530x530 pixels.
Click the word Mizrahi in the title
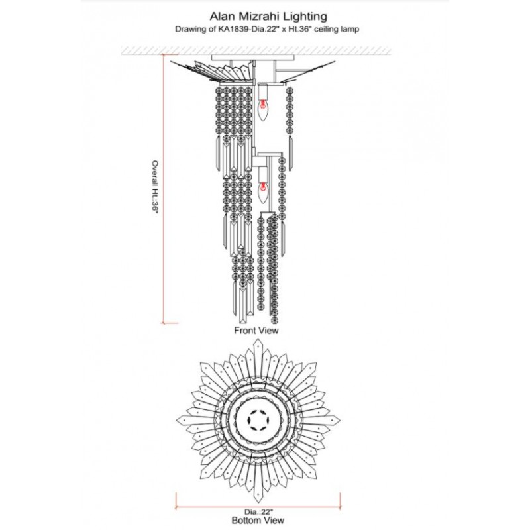[261, 16]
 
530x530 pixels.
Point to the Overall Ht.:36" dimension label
[155, 187]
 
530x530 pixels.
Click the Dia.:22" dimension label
[258, 512]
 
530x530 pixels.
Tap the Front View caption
[256, 330]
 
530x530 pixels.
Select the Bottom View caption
[258, 520]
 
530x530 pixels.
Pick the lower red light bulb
[262, 192]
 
